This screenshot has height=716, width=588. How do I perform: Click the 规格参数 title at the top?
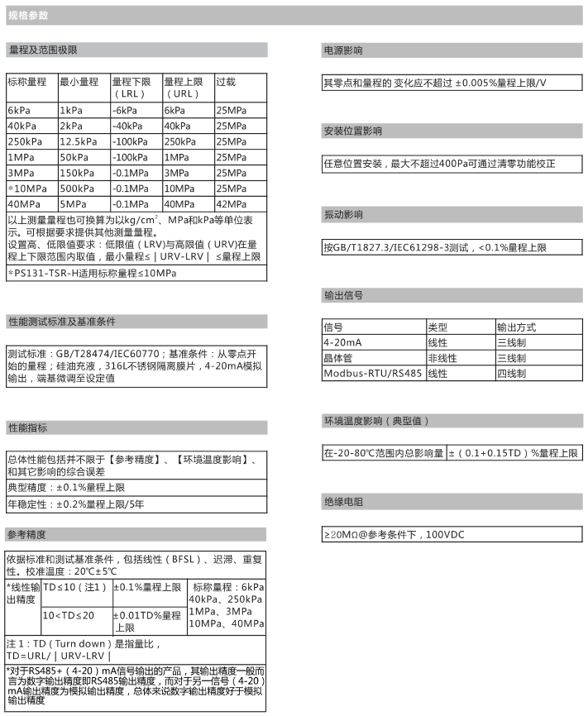(x=28, y=15)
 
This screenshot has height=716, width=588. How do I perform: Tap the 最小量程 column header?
(x=79, y=82)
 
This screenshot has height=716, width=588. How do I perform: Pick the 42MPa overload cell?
(x=231, y=203)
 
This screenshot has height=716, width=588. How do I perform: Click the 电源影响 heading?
(x=342, y=50)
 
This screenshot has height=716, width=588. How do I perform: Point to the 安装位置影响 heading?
(x=352, y=131)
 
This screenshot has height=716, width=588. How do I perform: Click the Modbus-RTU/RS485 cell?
(x=372, y=373)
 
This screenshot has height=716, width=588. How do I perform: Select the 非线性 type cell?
(x=442, y=357)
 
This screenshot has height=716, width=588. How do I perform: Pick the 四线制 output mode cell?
(x=511, y=373)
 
